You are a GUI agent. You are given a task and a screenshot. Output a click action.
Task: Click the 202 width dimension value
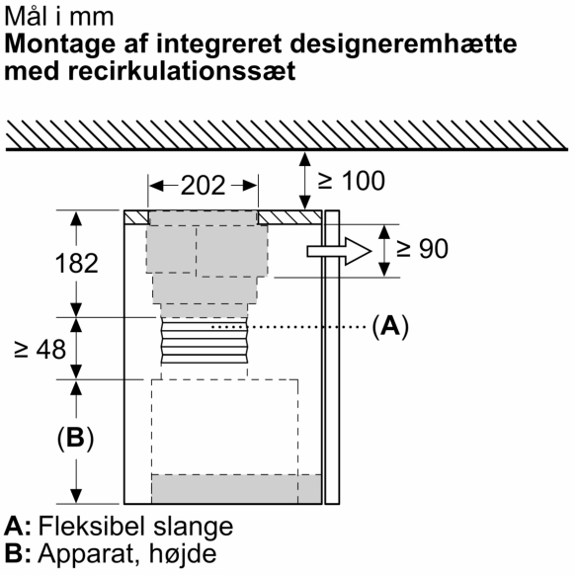point(203,186)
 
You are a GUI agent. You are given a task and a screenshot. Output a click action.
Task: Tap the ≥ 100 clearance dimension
point(352,181)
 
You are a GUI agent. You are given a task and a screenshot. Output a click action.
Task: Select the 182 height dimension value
point(77,263)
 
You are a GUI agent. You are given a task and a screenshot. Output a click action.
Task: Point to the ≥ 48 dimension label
point(40,349)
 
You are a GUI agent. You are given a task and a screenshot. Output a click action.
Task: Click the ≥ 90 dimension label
point(422,249)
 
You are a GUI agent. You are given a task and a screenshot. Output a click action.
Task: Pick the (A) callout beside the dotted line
point(390,326)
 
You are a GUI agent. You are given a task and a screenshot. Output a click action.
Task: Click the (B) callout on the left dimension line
point(75,438)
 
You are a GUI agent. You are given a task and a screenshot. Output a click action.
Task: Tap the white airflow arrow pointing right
point(339,252)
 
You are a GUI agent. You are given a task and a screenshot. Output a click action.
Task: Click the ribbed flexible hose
point(205,340)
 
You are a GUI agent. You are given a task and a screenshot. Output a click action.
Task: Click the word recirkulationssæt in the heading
point(182,71)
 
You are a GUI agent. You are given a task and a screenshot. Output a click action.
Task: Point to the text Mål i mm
point(59,17)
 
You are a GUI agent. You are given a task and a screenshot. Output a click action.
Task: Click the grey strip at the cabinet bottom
point(236,489)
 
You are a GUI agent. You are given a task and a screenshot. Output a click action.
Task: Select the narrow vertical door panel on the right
point(332,358)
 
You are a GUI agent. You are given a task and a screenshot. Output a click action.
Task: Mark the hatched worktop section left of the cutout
point(136,217)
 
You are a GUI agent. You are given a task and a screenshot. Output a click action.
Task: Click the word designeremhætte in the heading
point(403,44)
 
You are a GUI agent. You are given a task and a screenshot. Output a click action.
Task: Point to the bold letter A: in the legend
point(18,527)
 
